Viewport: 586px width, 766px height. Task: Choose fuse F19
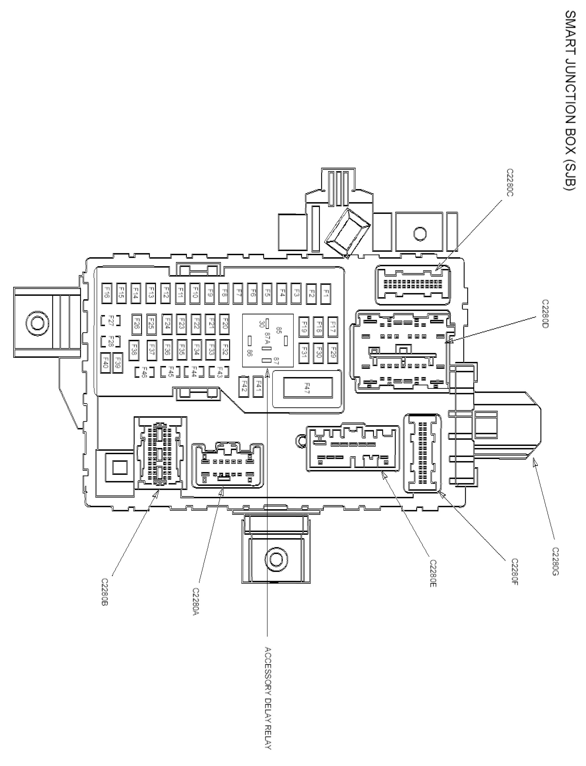(304, 326)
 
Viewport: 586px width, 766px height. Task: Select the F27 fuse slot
(111, 320)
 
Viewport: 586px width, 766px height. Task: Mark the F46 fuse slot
(142, 372)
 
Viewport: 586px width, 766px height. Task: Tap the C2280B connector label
(104, 591)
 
